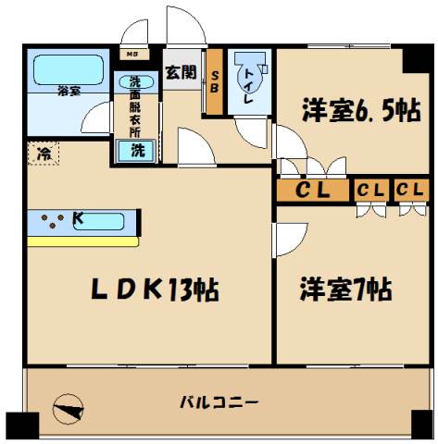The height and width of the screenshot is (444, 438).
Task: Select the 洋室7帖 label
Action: pos(344,290)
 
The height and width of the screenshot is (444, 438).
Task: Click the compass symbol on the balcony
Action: pos(69,407)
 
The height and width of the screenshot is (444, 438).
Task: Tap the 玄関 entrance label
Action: pos(181,72)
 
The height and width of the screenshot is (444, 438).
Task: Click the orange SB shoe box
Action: pos(214,82)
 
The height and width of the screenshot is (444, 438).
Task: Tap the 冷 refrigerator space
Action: pos(43,153)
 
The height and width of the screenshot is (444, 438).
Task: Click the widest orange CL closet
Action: pos(314,191)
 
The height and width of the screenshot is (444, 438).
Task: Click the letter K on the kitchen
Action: pos(78,219)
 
